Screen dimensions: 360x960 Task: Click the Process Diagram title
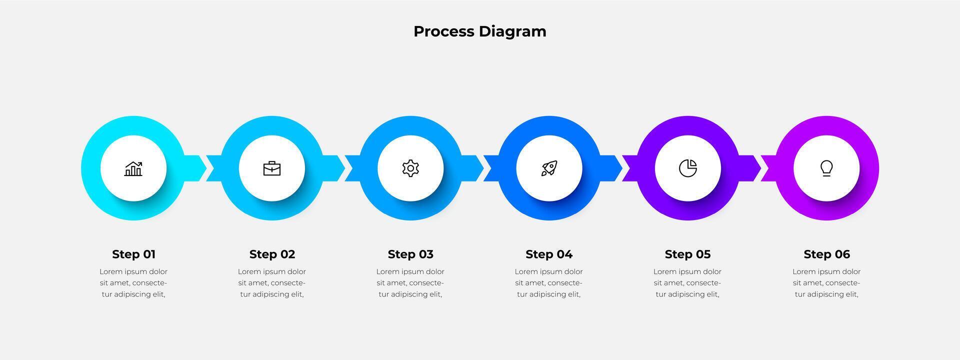pyautogui.click(x=479, y=31)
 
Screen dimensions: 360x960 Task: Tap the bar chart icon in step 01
pyautogui.click(x=133, y=168)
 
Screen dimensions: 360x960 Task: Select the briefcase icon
pyautogui.click(x=272, y=168)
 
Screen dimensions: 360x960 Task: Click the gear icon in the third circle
pyautogui.click(x=410, y=168)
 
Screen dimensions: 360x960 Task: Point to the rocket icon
pyautogui.click(x=549, y=168)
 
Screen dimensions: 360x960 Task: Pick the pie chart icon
pyautogui.click(x=688, y=168)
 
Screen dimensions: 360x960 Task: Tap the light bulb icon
pyautogui.click(x=826, y=168)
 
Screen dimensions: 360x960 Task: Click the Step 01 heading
pyautogui.click(x=133, y=254)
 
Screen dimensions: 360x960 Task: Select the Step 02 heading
pyautogui.click(x=272, y=254)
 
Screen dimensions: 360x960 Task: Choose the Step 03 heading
pyautogui.click(x=410, y=254)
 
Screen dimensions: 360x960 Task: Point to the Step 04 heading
pyautogui.click(x=549, y=254)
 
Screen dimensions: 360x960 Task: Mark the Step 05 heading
pyautogui.click(x=687, y=254)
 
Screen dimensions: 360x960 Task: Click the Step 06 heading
pyautogui.click(x=826, y=254)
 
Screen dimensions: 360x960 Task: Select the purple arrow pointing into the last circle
pyautogui.click(x=752, y=168)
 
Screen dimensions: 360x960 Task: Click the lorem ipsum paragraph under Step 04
pyautogui.click(x=549, y=283)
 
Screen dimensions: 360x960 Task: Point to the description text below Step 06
pyautogui.click(x=826, y=283)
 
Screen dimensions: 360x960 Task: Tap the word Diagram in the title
pyautogui.click(x=512, y=31)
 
